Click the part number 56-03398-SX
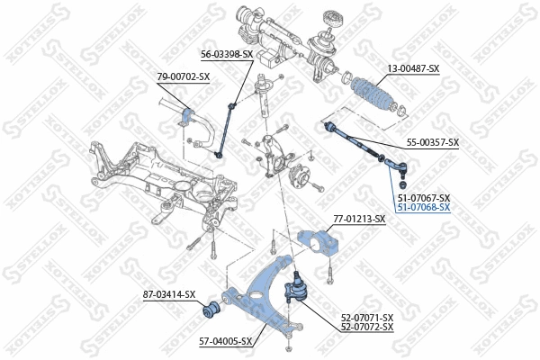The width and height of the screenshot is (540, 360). click(228, 55)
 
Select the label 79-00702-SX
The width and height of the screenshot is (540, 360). click(184, 76)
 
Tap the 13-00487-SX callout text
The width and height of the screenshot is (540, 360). click(413, 68)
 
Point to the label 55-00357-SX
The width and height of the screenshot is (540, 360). click(433, 142)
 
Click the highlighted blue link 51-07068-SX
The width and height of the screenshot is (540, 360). click(423, 207)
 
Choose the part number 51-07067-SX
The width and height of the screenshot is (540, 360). click(423, 197)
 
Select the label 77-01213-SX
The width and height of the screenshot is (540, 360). click(359, 219)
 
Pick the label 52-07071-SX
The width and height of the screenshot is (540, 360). click(367, 317)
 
